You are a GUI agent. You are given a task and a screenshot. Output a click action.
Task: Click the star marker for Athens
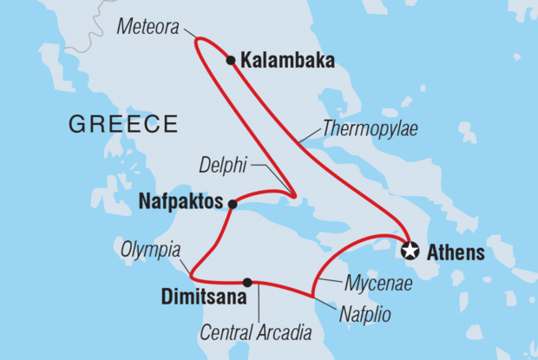(410, 252)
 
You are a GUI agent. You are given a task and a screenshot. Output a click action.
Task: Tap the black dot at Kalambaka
(230, 61)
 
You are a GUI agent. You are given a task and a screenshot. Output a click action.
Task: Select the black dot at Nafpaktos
(232, 204)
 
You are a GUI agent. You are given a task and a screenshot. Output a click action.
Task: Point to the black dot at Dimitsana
(248, 282)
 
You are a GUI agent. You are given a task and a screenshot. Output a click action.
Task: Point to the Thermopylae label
(371, 129)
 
